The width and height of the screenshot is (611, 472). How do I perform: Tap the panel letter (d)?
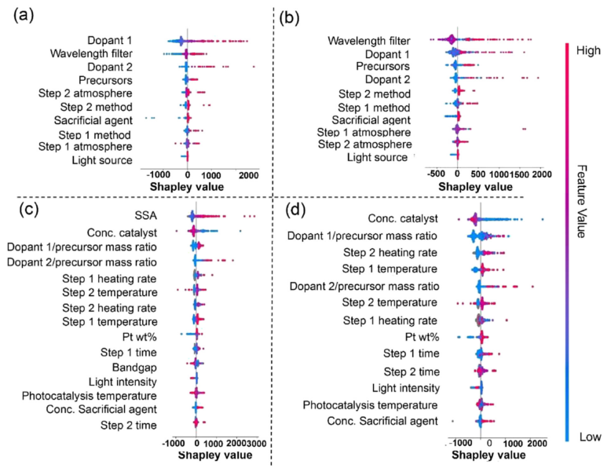296,210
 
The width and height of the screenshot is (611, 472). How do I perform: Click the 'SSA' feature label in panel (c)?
145,215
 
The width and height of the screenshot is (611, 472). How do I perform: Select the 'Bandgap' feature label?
134,367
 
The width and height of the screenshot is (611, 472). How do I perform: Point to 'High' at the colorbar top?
587,50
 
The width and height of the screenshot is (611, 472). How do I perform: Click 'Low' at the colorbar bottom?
590,437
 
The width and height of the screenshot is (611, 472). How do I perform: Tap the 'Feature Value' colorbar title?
581,201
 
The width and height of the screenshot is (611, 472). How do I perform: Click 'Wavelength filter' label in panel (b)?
368,41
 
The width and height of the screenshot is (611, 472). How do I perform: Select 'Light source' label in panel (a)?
102,160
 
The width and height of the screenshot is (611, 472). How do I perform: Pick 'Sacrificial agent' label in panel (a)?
93,120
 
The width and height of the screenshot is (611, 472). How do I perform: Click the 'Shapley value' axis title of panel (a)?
187,187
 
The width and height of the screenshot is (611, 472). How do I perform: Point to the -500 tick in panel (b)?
436,174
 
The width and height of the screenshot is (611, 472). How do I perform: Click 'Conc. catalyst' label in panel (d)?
403,218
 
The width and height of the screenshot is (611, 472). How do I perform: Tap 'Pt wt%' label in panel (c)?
139,336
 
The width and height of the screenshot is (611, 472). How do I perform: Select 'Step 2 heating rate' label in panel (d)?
390,253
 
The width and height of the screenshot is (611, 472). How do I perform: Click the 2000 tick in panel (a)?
249,175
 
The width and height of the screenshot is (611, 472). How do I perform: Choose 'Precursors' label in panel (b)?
382,66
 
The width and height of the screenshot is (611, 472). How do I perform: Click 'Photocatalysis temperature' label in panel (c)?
90,396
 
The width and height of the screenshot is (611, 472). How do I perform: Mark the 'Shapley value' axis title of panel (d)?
488,455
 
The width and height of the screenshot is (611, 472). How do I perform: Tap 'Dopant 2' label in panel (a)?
110,67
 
